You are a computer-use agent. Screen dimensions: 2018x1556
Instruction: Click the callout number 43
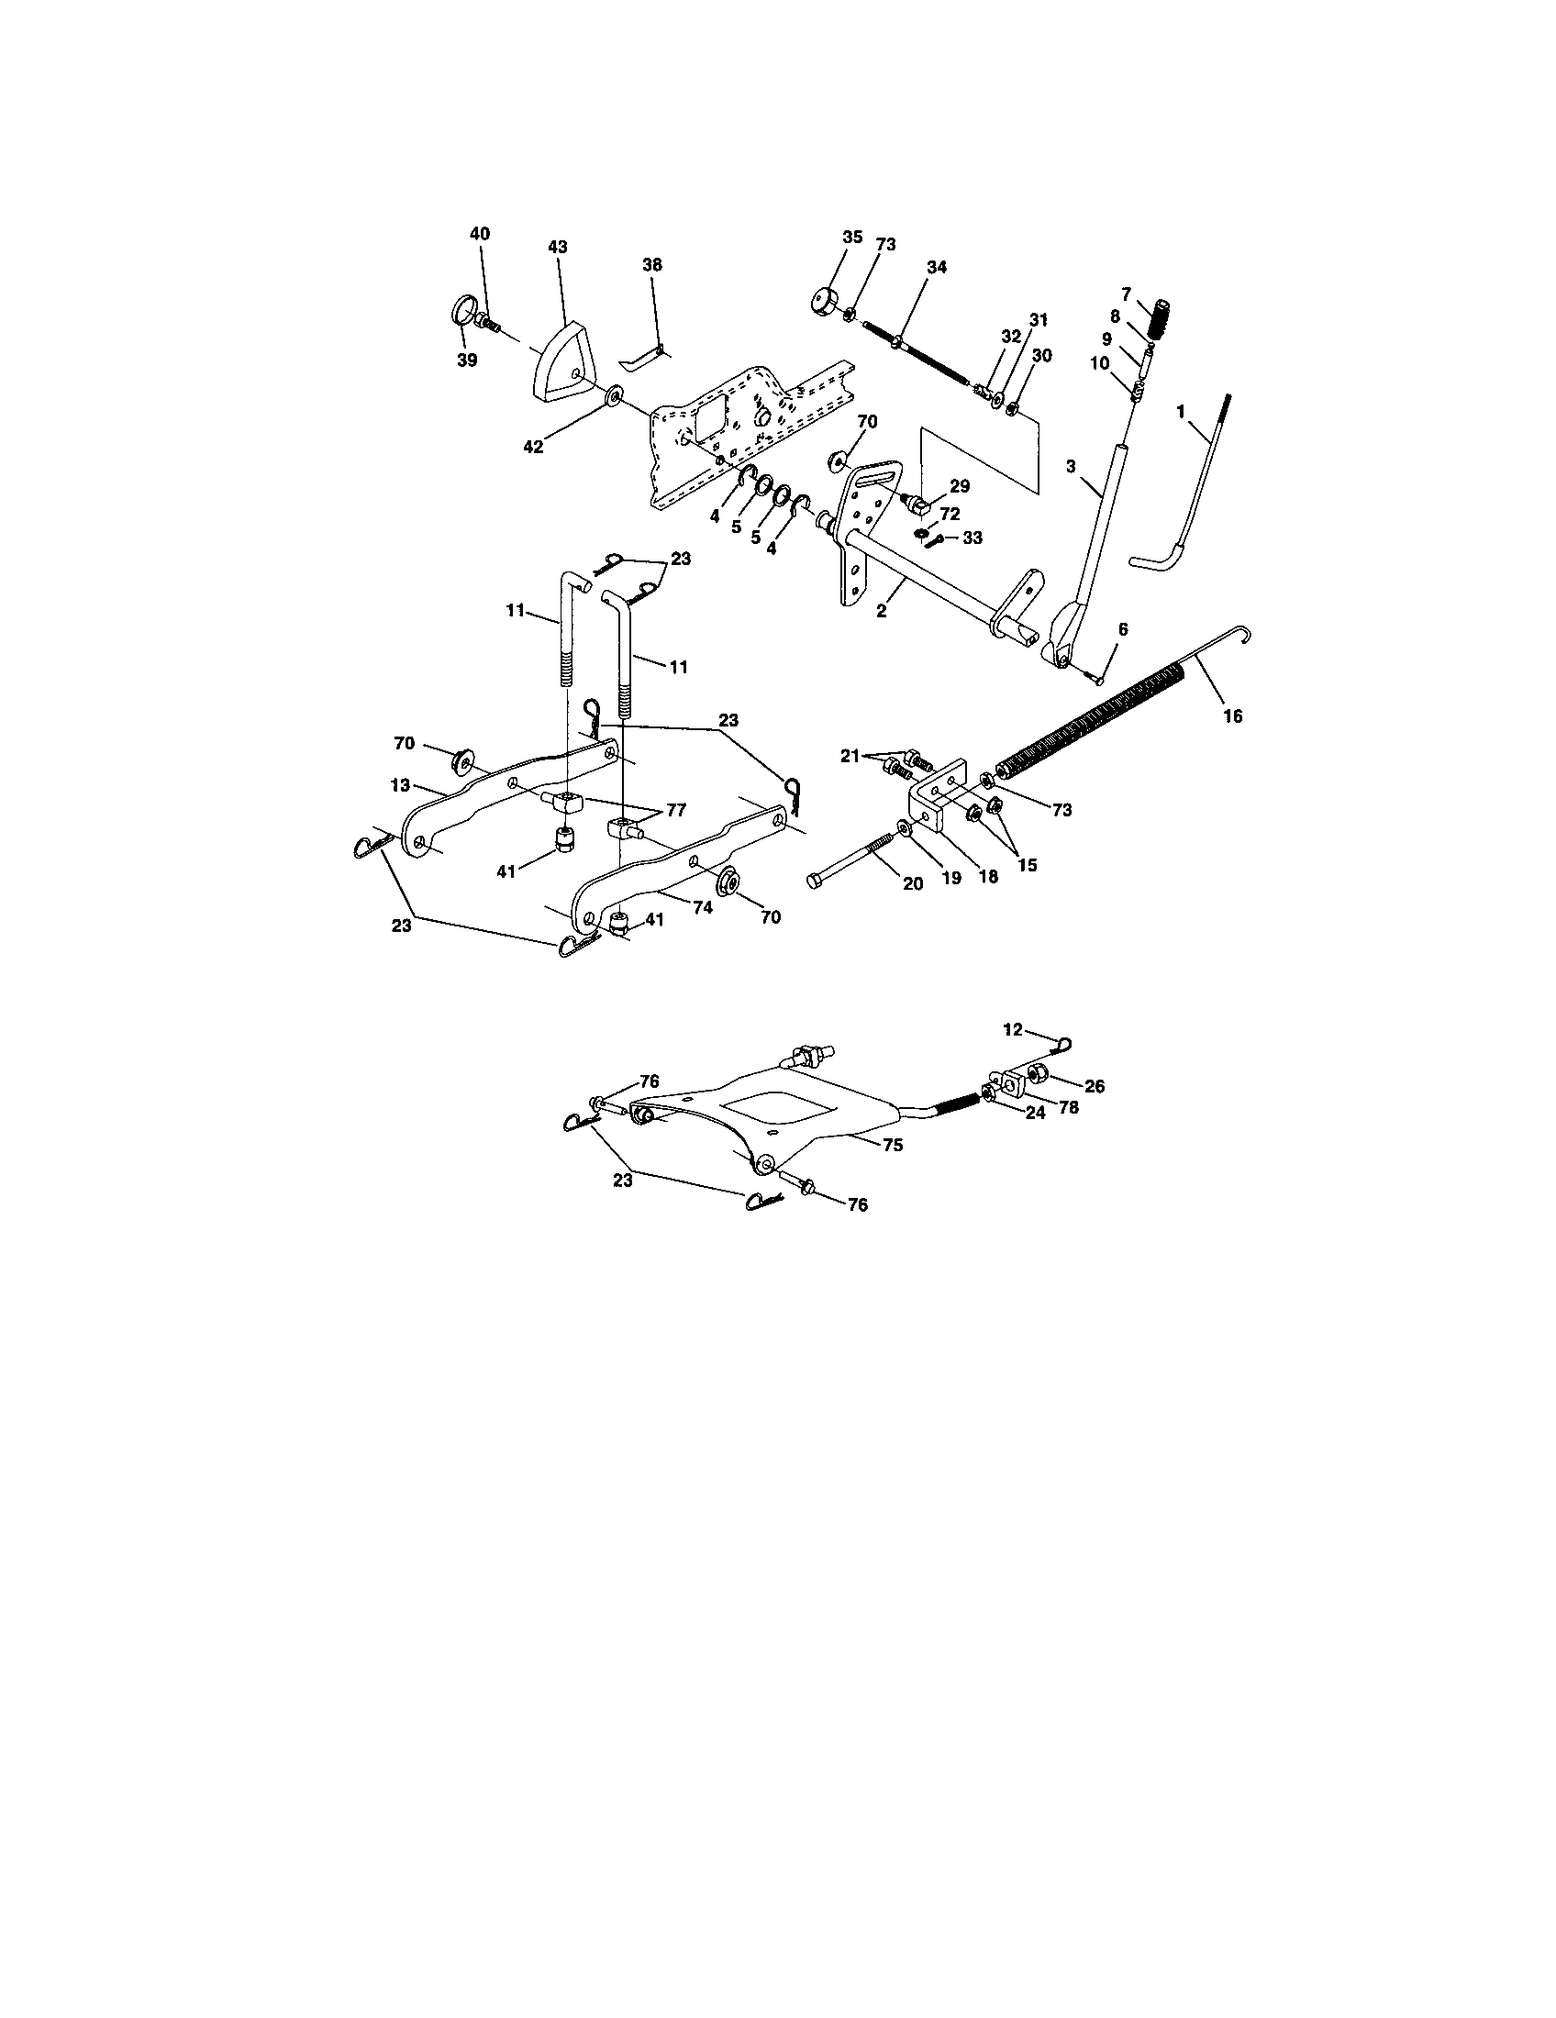pos(557,248)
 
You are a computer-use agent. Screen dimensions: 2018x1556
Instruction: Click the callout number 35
pos(852,238)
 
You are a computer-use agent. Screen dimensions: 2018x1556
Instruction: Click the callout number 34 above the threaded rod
pos(937,267)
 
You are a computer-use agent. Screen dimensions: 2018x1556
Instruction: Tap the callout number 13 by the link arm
pos(400,785)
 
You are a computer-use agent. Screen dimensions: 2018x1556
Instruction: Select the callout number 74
pos(703,907)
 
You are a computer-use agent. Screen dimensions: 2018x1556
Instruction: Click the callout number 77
pos(675,809)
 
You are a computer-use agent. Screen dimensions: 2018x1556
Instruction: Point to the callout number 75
pos(893,1144)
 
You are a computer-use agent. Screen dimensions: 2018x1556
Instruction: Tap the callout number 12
pos(1013,1029)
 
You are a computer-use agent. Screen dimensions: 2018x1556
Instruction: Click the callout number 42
pos(533,448)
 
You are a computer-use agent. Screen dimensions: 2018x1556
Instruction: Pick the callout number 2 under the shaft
pos(882,612)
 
